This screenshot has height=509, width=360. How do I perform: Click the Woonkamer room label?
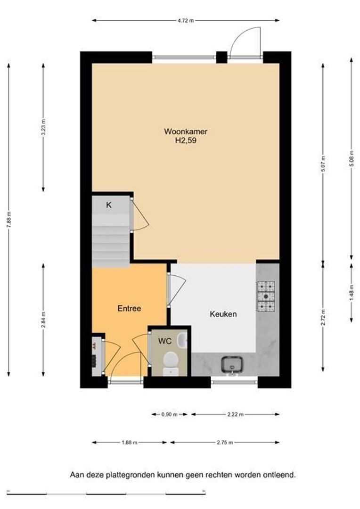186,131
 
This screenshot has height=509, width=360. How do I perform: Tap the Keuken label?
223,314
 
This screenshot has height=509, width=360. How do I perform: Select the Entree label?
129,308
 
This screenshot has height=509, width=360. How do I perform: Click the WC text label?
165,341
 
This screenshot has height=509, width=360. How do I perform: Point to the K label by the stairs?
109,205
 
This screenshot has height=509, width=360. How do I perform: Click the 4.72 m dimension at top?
186,20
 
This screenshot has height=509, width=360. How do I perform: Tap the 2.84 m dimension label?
43,320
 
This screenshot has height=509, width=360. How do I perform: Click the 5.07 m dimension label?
323,164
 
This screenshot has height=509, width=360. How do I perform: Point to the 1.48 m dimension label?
352,293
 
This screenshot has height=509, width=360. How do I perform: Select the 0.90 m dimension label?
170,414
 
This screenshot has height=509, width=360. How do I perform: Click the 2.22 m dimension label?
235,414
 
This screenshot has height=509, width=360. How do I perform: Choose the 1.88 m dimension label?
129,442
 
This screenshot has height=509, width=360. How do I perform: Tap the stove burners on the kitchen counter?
266,296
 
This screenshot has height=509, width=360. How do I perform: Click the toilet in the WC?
171,363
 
